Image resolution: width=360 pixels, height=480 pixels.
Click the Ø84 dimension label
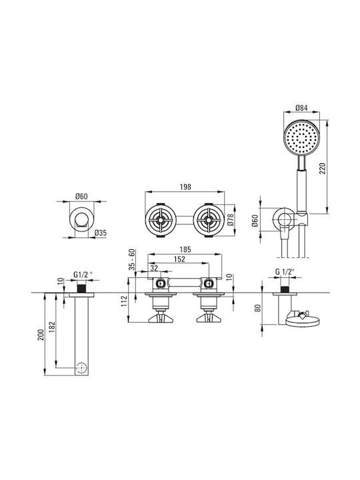[x=302, y=108]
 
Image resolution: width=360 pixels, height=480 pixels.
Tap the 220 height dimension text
[x=323, y=169]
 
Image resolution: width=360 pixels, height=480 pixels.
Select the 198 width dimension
[x=185, y=187]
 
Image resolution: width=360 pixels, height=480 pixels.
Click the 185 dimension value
[x=185, y=249]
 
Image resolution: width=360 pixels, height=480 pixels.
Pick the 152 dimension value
[x=179, y=259]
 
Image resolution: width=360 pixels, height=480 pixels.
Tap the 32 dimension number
[x=154, y=268]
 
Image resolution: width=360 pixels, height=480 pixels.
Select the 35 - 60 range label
[x=131, y=259]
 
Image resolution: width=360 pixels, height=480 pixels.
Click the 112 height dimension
[x=124, y=301]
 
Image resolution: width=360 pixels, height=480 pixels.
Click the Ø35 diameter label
[x=101, y=233]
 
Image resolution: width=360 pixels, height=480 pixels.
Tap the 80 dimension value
[x=258, y=307]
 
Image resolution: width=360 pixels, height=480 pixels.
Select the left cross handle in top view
[x=160, y=220]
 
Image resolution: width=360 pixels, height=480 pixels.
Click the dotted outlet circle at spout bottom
[x=81, y=367]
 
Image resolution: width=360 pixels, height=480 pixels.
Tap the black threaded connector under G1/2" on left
[x=81, y=289]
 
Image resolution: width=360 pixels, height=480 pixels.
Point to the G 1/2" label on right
[x=285, y=271]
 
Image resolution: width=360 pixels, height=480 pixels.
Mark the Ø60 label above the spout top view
[x=81, y=196]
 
